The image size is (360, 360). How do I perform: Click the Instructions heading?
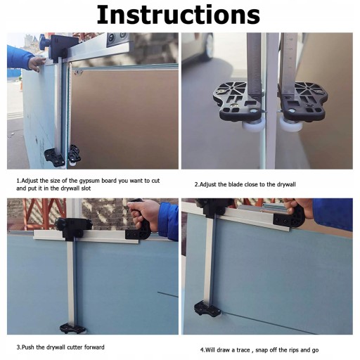click(179, 15)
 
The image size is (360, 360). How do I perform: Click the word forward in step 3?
click(94, 347)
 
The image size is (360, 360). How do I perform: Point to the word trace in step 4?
click(243, 350)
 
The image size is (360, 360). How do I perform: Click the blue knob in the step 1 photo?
click(44, 42)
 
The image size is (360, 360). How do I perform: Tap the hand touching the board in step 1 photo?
click(37, 64)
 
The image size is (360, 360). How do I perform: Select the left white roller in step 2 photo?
click(252, 124)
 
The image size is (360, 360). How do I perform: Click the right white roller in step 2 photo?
click(288, 124)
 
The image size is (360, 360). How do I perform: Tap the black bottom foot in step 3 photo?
click(72, 328)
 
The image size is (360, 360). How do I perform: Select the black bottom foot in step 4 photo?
click(207, 309)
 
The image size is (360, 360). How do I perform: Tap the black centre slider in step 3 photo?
click(73, 228)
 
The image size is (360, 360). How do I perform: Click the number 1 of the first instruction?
click(18, 181)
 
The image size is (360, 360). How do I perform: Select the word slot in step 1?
click(86, 188)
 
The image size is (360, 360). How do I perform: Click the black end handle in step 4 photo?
click(290, 217)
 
